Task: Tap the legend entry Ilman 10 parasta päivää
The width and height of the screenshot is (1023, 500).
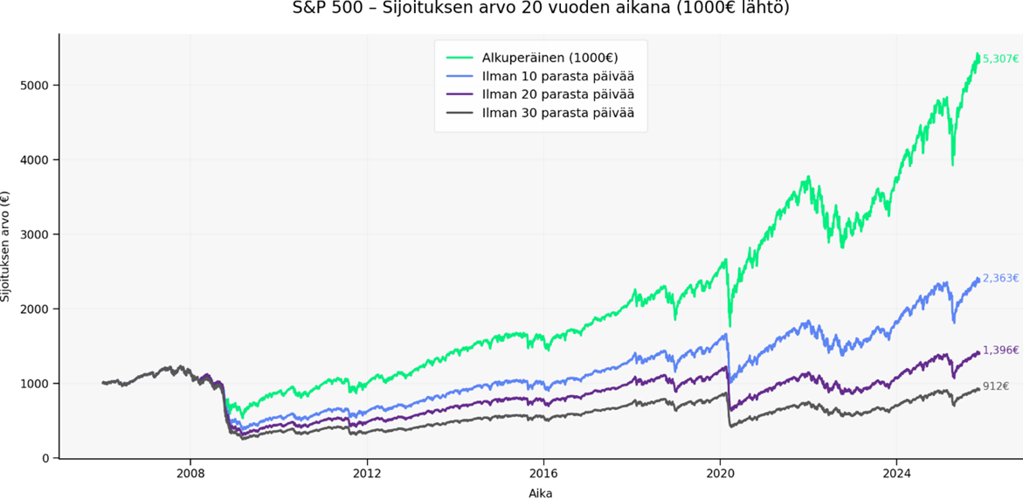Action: pyautogui.click(x=557, y=76)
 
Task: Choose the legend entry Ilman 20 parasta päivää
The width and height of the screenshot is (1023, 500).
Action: pyautogui.click(x=557, y=94)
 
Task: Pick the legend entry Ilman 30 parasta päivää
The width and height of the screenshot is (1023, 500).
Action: pyautogui.click(x=557, y=113)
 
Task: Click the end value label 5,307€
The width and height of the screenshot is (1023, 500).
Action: pyautogui.click(x=1000, y=59)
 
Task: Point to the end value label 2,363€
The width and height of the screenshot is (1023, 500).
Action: pyautogui.click(x=1000, y=279)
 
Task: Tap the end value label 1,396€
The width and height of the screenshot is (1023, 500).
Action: pyautogui.click(x=1000, y=351)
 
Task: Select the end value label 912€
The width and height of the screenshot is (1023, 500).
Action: pyautogui.click(x=996, y=386)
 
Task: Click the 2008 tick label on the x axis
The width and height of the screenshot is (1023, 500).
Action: pyautogui.click(x=190, y=475)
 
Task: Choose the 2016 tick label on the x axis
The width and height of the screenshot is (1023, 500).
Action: pyautogui.click(x=543, y=475)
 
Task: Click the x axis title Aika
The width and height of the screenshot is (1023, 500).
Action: pyautogui.click(x=540, y=493)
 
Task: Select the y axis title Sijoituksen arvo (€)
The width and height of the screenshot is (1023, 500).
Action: pyautogui.click(x=7, y=247)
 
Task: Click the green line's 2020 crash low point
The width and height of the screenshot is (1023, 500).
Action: pyautogui.click(x=730, y=324)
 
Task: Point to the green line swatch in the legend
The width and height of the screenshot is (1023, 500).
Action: pyautogui.click(x=460, y=58)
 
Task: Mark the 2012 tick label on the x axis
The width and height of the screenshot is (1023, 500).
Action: pyautogui.click(x=367, y=475)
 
